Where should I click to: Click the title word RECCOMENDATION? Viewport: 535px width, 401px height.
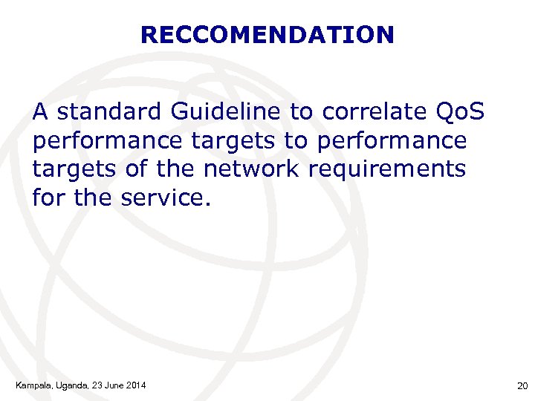pos(267,35)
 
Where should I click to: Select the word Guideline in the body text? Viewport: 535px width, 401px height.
pos(226,112)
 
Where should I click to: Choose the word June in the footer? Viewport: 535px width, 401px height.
pos(112,385)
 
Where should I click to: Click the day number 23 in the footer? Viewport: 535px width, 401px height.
pos(95,385)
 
